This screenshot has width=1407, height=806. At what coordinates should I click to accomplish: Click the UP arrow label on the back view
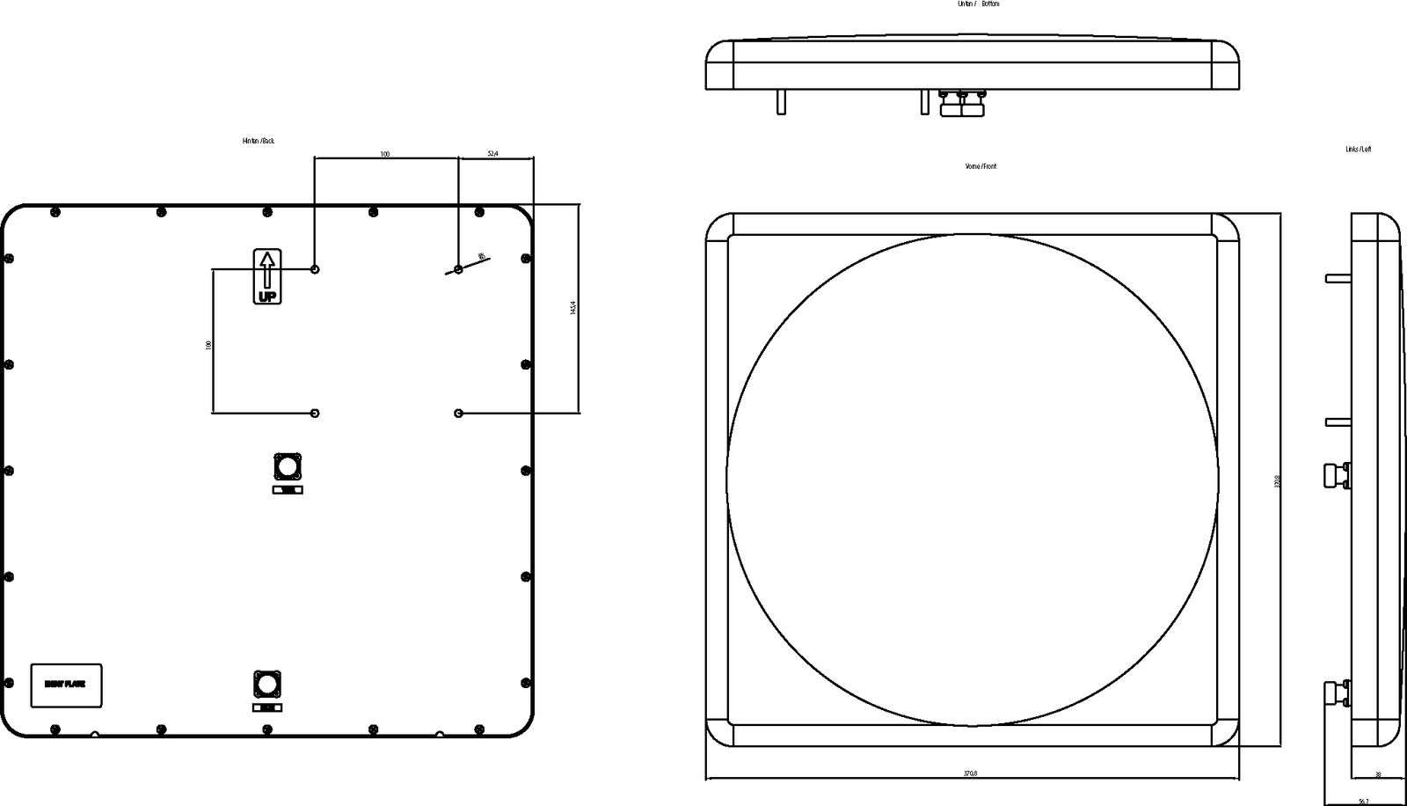point(267,277)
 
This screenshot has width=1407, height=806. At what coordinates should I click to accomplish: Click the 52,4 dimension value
point(492,154)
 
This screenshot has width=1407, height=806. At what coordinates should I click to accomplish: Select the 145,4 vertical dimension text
point(573,308)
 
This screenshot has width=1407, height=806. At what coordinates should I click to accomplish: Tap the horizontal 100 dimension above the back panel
point(385,154)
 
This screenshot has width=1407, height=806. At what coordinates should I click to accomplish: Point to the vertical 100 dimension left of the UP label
point(208,345)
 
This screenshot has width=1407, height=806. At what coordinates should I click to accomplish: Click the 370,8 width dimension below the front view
point(970,773)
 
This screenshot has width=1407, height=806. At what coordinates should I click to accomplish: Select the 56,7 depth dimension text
point(1363,802)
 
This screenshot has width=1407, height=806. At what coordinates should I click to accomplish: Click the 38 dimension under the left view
point(1377,775)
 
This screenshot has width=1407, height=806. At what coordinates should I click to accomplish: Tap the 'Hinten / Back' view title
point(259,141)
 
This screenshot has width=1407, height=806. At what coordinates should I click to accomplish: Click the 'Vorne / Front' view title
point(981,166)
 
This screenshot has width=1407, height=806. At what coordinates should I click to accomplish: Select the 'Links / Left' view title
point(1358,150)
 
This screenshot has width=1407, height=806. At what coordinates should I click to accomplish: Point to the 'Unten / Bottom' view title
point(978,4)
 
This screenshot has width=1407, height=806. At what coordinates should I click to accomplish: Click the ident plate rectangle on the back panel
point(66,685)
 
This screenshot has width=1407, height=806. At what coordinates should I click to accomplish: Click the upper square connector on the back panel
point(288,465)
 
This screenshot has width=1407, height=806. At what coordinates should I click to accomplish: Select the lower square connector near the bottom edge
point(267,683)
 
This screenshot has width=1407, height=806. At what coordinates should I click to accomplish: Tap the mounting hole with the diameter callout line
point(459,268)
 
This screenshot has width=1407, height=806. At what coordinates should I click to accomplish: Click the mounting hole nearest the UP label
point(316,268)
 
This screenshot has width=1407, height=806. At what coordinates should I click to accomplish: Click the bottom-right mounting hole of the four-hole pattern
point(459,413)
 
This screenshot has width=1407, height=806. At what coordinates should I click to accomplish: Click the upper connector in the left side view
point(1338,474)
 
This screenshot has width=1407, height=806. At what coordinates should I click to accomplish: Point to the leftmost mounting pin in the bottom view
point(780,102)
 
